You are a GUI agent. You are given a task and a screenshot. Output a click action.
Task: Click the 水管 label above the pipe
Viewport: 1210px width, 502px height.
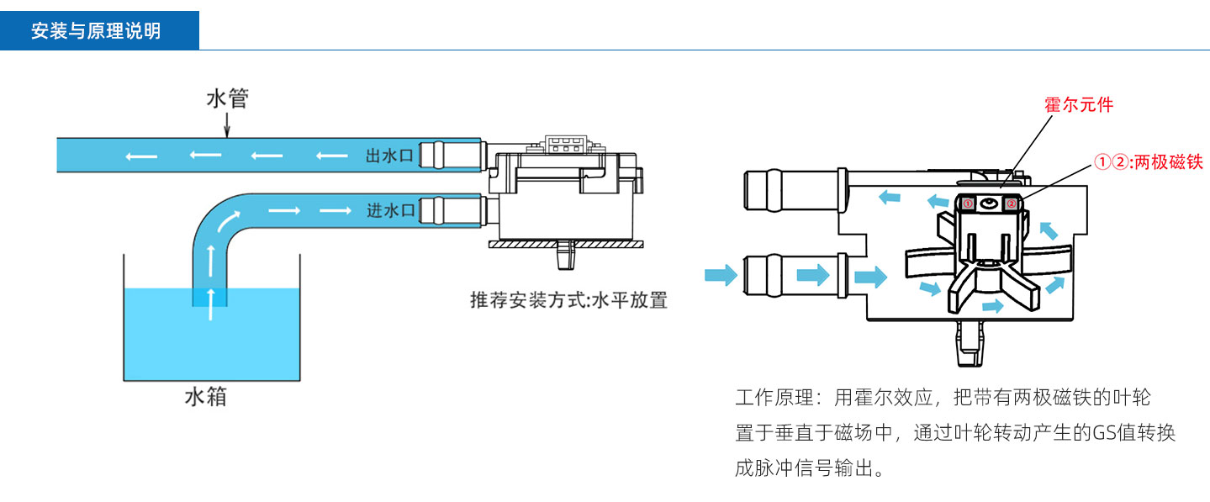click(227, 99)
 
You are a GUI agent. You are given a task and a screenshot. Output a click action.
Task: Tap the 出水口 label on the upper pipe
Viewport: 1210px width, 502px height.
click(391, 156)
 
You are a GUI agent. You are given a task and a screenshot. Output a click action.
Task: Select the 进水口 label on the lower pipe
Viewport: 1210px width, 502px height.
click(391, 210)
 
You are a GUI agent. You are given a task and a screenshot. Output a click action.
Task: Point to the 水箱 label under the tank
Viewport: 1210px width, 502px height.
click(205, 397)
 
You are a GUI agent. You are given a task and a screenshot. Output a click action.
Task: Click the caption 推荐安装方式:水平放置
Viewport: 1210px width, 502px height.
click(568, 301)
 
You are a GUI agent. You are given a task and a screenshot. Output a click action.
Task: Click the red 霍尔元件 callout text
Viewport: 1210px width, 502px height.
click(1078, 105)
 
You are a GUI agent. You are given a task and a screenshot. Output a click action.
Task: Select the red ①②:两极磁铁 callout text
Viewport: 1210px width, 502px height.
click(1149, 162)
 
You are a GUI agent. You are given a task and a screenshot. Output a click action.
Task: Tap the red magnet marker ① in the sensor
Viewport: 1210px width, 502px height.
click(968, 203)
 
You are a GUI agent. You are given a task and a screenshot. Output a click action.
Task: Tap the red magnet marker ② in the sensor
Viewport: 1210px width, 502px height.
click(1012, 203)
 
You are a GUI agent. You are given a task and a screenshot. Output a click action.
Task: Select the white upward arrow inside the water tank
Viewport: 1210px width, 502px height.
click(210, 296)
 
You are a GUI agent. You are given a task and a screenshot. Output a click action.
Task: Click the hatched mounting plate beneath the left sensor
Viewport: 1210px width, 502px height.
click(566, 245)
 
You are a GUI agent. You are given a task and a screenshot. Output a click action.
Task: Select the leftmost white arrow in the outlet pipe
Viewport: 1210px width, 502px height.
click(135, 156)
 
